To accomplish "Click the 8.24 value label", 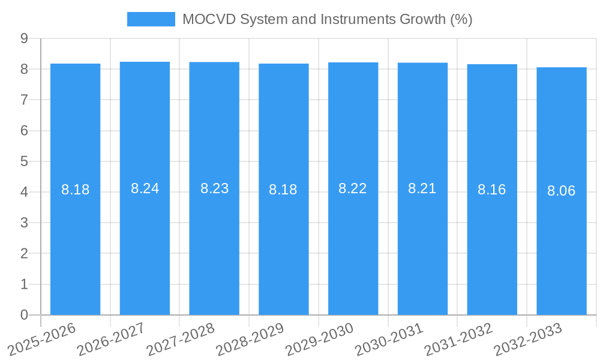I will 145,188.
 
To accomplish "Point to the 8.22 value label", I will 353,188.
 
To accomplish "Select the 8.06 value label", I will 561,191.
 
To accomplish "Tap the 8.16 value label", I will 491,190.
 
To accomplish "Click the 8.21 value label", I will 422,188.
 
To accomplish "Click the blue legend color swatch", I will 151,19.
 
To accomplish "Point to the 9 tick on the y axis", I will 24,38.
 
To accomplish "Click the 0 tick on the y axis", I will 24,315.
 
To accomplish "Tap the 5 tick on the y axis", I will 24,161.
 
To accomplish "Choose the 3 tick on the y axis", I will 24,223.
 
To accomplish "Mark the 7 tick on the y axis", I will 24,100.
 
